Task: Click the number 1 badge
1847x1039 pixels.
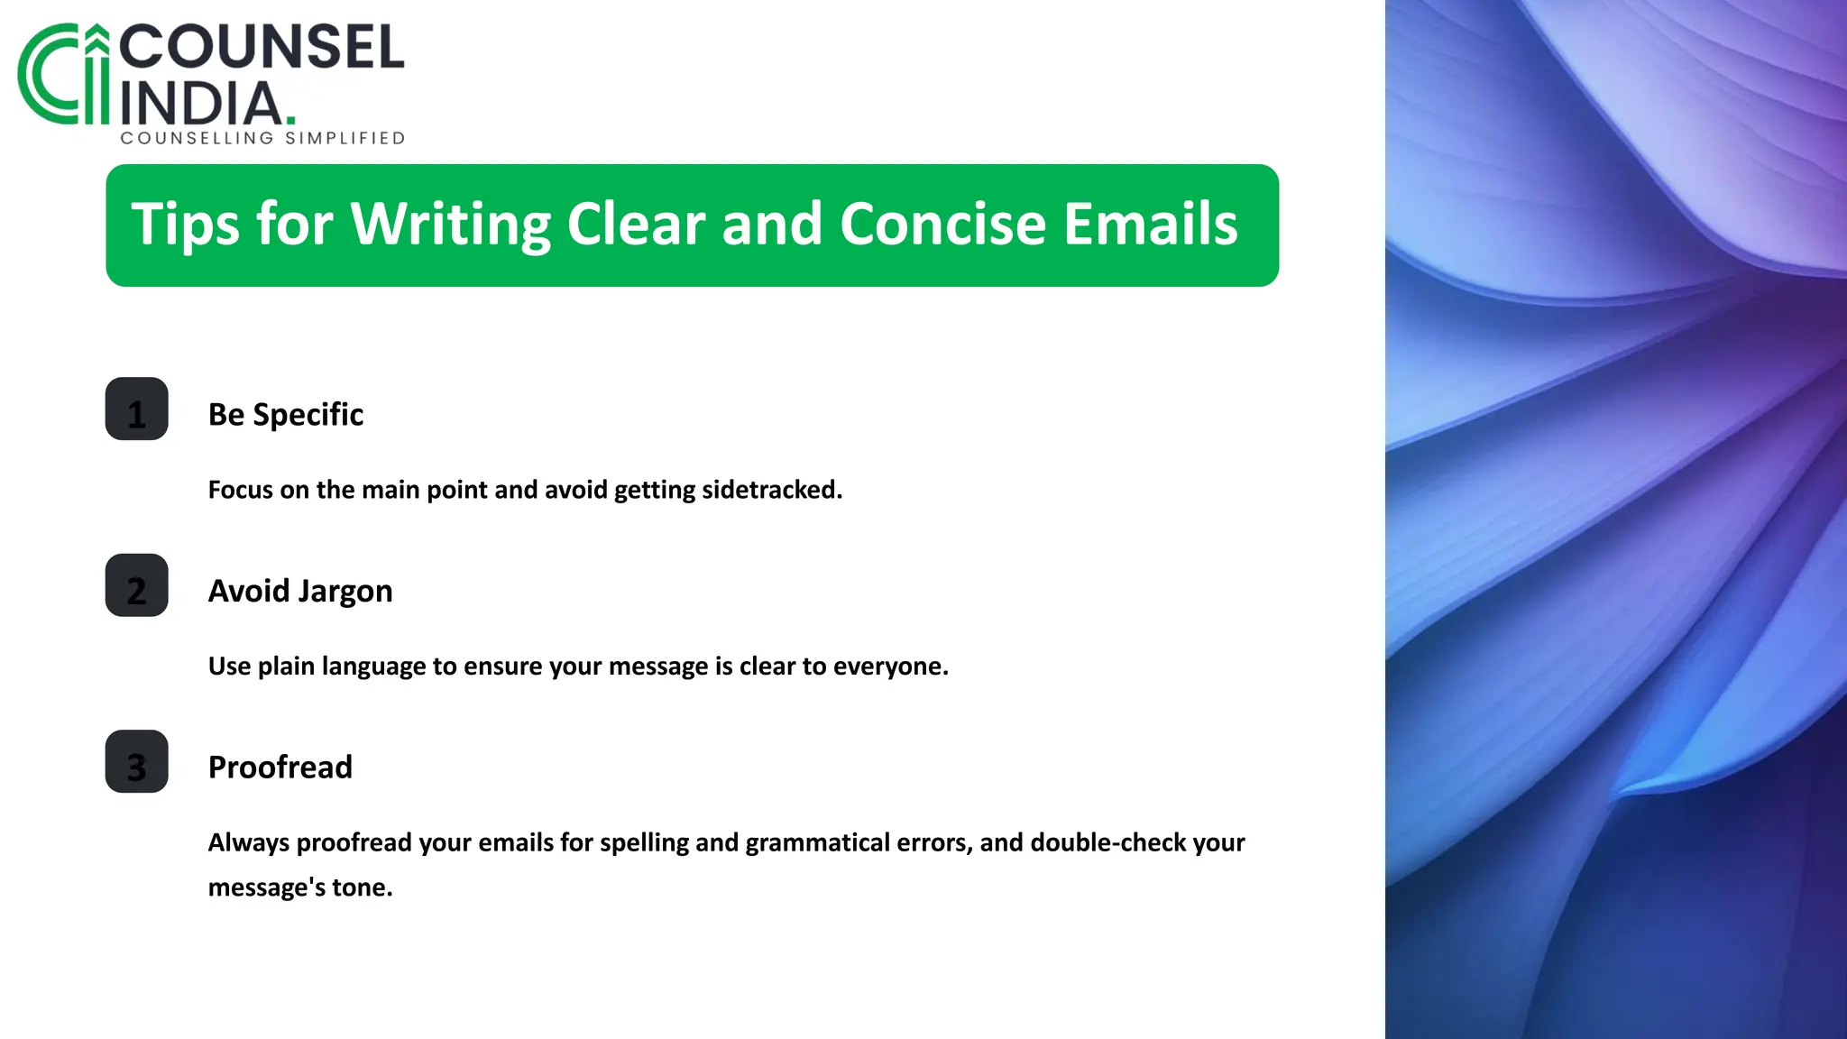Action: (x=136, y=409)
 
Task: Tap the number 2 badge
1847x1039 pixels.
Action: (x=136, y=585)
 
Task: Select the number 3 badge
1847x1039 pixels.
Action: (x=136, y=762)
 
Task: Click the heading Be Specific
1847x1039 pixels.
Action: (x=285, y=415)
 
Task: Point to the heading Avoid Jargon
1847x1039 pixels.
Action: (x=300, y=592)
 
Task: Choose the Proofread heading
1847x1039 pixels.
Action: (x=280, y=768)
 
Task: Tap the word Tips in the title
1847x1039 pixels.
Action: (x=186, y=225)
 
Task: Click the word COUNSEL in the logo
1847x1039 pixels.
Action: (x=262, y=48)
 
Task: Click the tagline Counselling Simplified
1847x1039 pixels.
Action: (x=262, y=138)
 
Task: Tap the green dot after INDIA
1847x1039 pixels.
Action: (x=290, y=119)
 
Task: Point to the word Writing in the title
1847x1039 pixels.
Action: (x=450, y=225)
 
